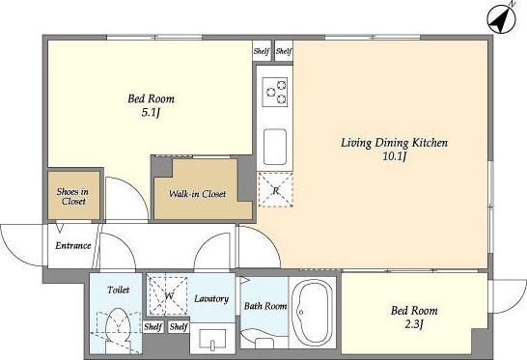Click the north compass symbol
[502, 18]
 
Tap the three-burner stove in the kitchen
[275, 92]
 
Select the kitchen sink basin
[275, 147]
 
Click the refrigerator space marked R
[276, 189]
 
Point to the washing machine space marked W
[168, 295]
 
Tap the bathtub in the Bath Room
[312, 313]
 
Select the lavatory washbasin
[212, 339]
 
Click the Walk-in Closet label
[197, 194]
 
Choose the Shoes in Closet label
[72, 196]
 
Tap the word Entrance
[73, 246]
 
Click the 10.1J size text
[395, 156]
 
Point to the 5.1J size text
[150, 113]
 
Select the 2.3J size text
[414, 324]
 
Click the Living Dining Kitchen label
[394, 143]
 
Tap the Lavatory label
[211, 298]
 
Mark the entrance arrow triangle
[60, 227]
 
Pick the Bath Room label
[265, 306]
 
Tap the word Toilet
[119, 290]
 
